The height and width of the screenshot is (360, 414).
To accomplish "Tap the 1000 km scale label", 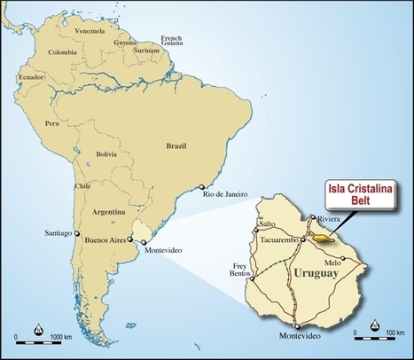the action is (60, 339).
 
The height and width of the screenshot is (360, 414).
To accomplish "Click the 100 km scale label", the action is (383, 338).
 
